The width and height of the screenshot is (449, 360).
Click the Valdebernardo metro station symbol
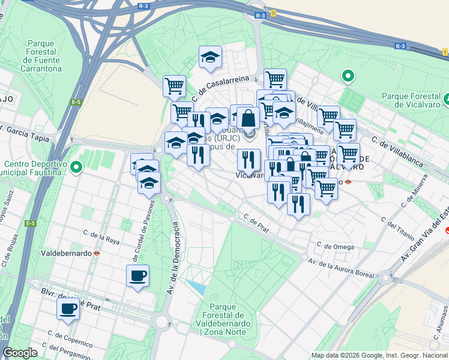click(x=96, y=253)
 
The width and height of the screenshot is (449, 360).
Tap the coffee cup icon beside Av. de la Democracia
click(x=137, y=276)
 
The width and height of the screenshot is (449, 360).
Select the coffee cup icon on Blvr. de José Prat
click(x=68, y=309)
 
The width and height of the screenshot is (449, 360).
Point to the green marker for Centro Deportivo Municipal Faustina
click(x=76, y=167)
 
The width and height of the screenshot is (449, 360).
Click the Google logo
click(x=20, y=353)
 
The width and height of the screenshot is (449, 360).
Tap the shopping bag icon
click(x=247, y=118)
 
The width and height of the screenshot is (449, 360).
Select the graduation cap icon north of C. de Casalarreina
click(x=210, y=57)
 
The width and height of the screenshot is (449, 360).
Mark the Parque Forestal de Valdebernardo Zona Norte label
click(x=223, y=323)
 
